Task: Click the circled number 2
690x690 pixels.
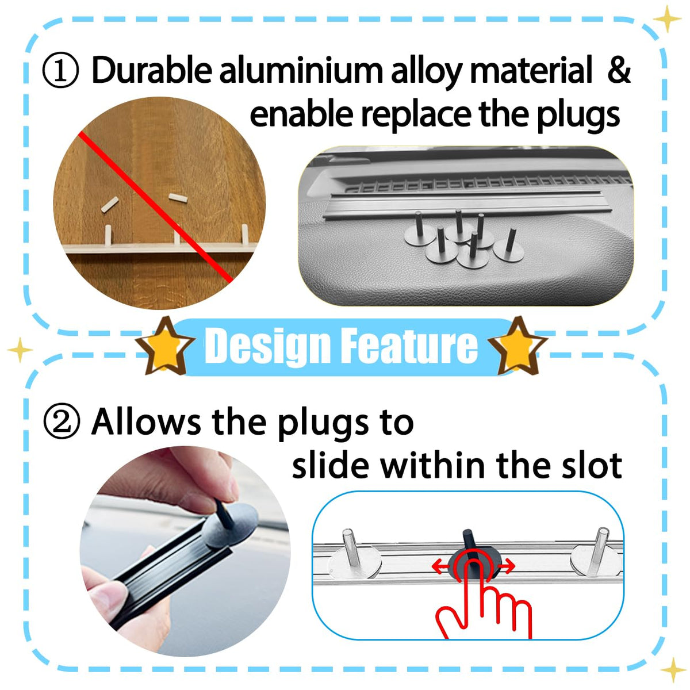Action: [61, 421]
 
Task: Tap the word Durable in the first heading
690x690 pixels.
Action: [152, 70]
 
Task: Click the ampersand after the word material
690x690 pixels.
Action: [618, 70]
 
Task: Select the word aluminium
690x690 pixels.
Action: [301, 70]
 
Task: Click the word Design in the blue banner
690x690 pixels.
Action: [267, 347]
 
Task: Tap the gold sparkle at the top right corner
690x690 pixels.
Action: [667, 19]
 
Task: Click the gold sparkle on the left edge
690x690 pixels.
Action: [20, 350]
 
